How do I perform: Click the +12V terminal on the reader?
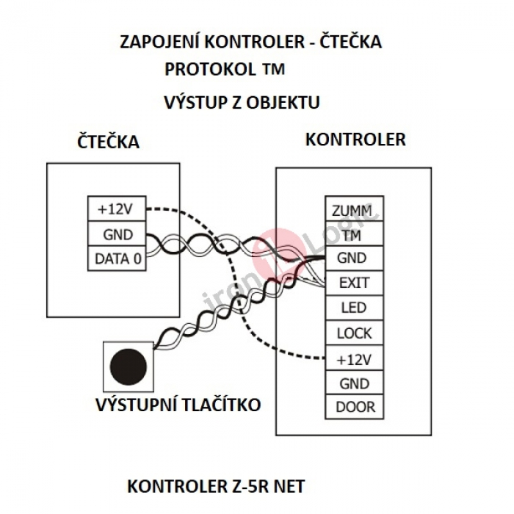pos(117,209)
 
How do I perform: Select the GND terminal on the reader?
pos(117,234)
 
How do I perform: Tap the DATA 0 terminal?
pos(117,258)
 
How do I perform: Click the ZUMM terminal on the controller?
pos(354,209)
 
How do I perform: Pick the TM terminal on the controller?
pos(354,234)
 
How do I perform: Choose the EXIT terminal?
pos(354,283)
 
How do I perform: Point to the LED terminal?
pos(354,308)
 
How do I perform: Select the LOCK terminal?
pos(354,333)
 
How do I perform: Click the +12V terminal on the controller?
pos(354,358)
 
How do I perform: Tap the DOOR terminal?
pos(354,407)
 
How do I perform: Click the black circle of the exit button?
pos(128,367)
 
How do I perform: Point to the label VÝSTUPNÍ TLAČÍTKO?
pos(178,404)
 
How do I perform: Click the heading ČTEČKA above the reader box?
pos(108,142)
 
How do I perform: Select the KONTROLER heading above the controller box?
pos(355,140)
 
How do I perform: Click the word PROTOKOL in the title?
pos(210,70)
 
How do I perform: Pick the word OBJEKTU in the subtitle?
pos(283,103)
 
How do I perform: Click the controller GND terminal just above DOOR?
pos(354,383)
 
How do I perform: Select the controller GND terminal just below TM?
pos(354,258)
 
